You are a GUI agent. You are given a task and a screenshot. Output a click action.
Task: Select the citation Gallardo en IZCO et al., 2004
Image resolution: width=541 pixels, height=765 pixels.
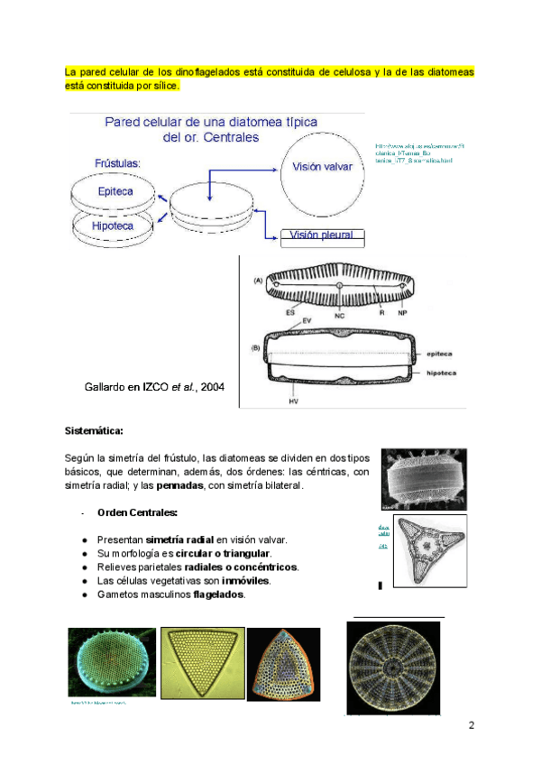point(154,387)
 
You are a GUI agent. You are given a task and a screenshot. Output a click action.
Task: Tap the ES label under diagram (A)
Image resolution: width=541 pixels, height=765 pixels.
point(291,313)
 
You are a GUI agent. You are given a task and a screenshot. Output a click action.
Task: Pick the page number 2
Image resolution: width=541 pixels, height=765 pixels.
point(470,725)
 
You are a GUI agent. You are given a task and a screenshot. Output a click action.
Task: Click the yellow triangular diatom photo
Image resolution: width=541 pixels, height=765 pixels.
point(201,663)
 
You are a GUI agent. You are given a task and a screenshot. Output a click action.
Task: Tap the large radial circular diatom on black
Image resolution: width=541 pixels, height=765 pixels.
point(393,668)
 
